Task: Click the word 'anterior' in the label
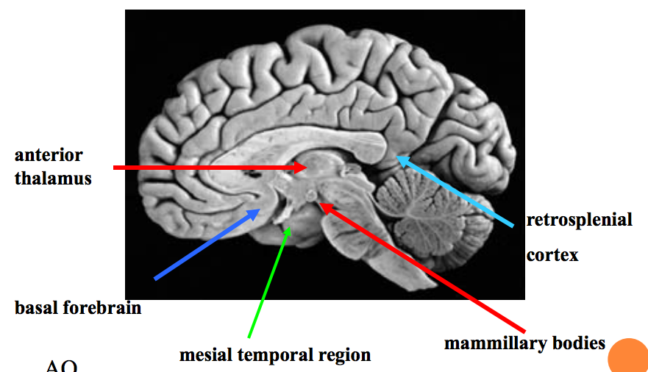click(49, 156)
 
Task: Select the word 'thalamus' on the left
click(53, 178)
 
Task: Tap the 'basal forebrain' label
click(78, 307)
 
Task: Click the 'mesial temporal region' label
click(275, 355)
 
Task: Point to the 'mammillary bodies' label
click(524, 343)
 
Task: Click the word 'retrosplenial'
click(579, 220)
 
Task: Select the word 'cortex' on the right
click(552, 255)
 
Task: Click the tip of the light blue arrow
click(397, 155)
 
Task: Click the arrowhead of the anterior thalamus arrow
click(305, 168)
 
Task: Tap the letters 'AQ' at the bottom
click(61, 366)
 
